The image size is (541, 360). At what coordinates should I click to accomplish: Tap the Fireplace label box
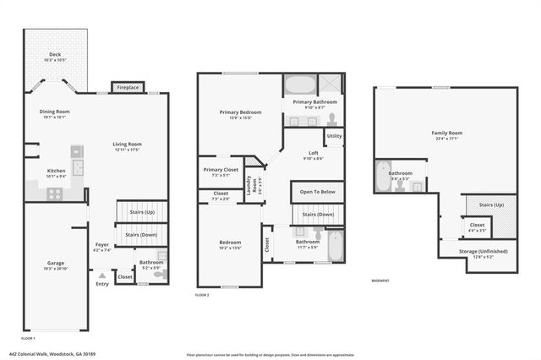click(x=128, y=86)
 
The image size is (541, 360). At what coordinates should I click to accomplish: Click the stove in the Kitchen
click(x=54, y=193)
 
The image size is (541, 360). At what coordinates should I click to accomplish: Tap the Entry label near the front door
click(x=102, y=283)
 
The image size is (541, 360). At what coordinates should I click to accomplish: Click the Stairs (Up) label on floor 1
click(x=141, y=212)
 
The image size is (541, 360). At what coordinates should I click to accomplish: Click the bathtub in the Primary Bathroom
click(x=298, y=85)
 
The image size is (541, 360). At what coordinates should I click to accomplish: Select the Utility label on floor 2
click(x=334, y=135)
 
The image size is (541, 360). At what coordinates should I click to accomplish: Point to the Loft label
click(x=313, y=153)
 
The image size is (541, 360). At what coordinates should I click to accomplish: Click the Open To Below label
click(x=318, y=192)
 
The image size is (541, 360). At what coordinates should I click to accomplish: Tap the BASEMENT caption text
click(x=380, y=281)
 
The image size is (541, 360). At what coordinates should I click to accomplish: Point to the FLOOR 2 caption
click(x=202, y=295)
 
